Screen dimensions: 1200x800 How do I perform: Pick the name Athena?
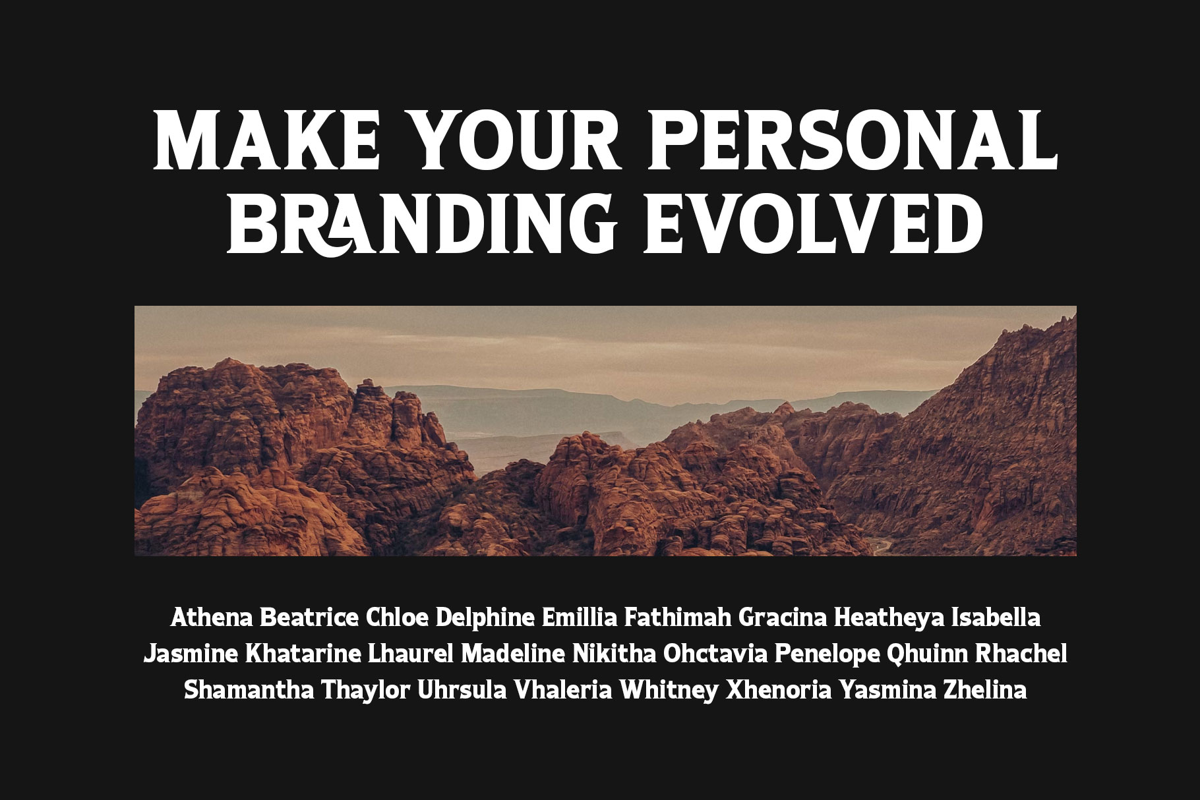click(x=213, y=618)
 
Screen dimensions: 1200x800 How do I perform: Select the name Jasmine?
click(x=191, y=655)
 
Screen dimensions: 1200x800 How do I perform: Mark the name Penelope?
click(x=827, y=655)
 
